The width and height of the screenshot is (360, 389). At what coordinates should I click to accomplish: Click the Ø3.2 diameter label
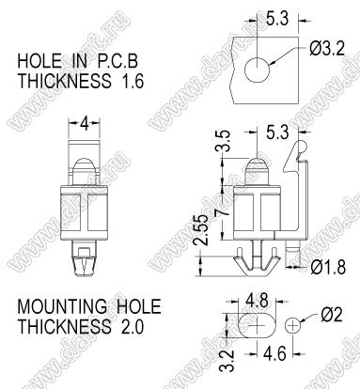point(327,50)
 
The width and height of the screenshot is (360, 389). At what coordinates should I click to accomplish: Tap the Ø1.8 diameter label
point(328,268)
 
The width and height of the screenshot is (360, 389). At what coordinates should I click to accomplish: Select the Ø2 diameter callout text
point(332,315)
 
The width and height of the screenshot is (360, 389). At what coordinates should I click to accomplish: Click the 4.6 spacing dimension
point(274,354)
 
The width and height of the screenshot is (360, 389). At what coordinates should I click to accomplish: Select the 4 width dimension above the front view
point(85,125)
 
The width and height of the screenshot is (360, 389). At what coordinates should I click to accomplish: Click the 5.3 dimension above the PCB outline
point(277,19)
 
